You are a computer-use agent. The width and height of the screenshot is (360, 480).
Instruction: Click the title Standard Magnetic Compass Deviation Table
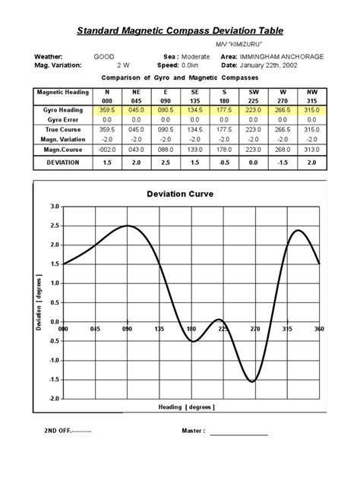(x=180, y=31)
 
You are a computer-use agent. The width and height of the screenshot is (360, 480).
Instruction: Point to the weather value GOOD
(x=104, y=57)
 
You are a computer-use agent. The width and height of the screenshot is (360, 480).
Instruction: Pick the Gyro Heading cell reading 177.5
(x=225, y=111)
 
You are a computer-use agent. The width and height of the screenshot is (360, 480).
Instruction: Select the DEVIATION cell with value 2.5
(x=166, y=163)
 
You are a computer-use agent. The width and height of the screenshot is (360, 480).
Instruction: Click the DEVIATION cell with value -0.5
(x=225, y=163)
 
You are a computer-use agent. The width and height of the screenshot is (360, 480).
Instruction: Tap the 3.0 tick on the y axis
(x=54, y=207)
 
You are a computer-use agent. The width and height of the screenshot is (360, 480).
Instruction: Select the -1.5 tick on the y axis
(x=52, y=380)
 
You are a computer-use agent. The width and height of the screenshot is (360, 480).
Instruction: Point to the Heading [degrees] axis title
(x=186, y=407)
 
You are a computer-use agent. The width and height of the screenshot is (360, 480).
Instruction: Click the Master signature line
(x=239, y=435)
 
